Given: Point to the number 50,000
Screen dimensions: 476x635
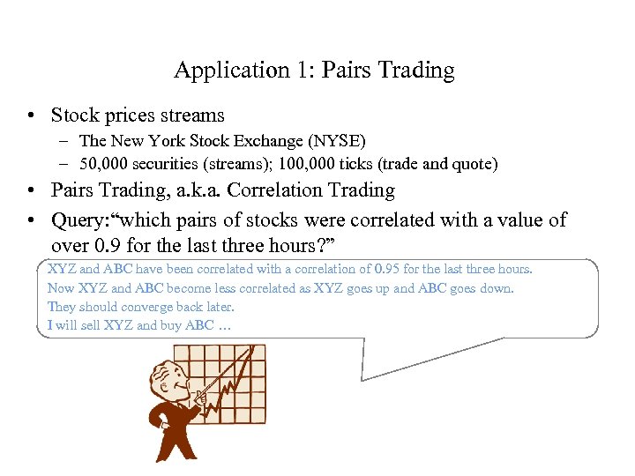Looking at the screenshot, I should click(x=102, y=163).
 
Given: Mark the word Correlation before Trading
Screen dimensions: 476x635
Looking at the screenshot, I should click(x=292, y=190).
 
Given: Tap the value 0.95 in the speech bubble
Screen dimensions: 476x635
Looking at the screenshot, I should click(x=390, y=269).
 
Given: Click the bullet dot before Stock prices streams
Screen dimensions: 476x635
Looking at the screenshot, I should click(x=31, y=115).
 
